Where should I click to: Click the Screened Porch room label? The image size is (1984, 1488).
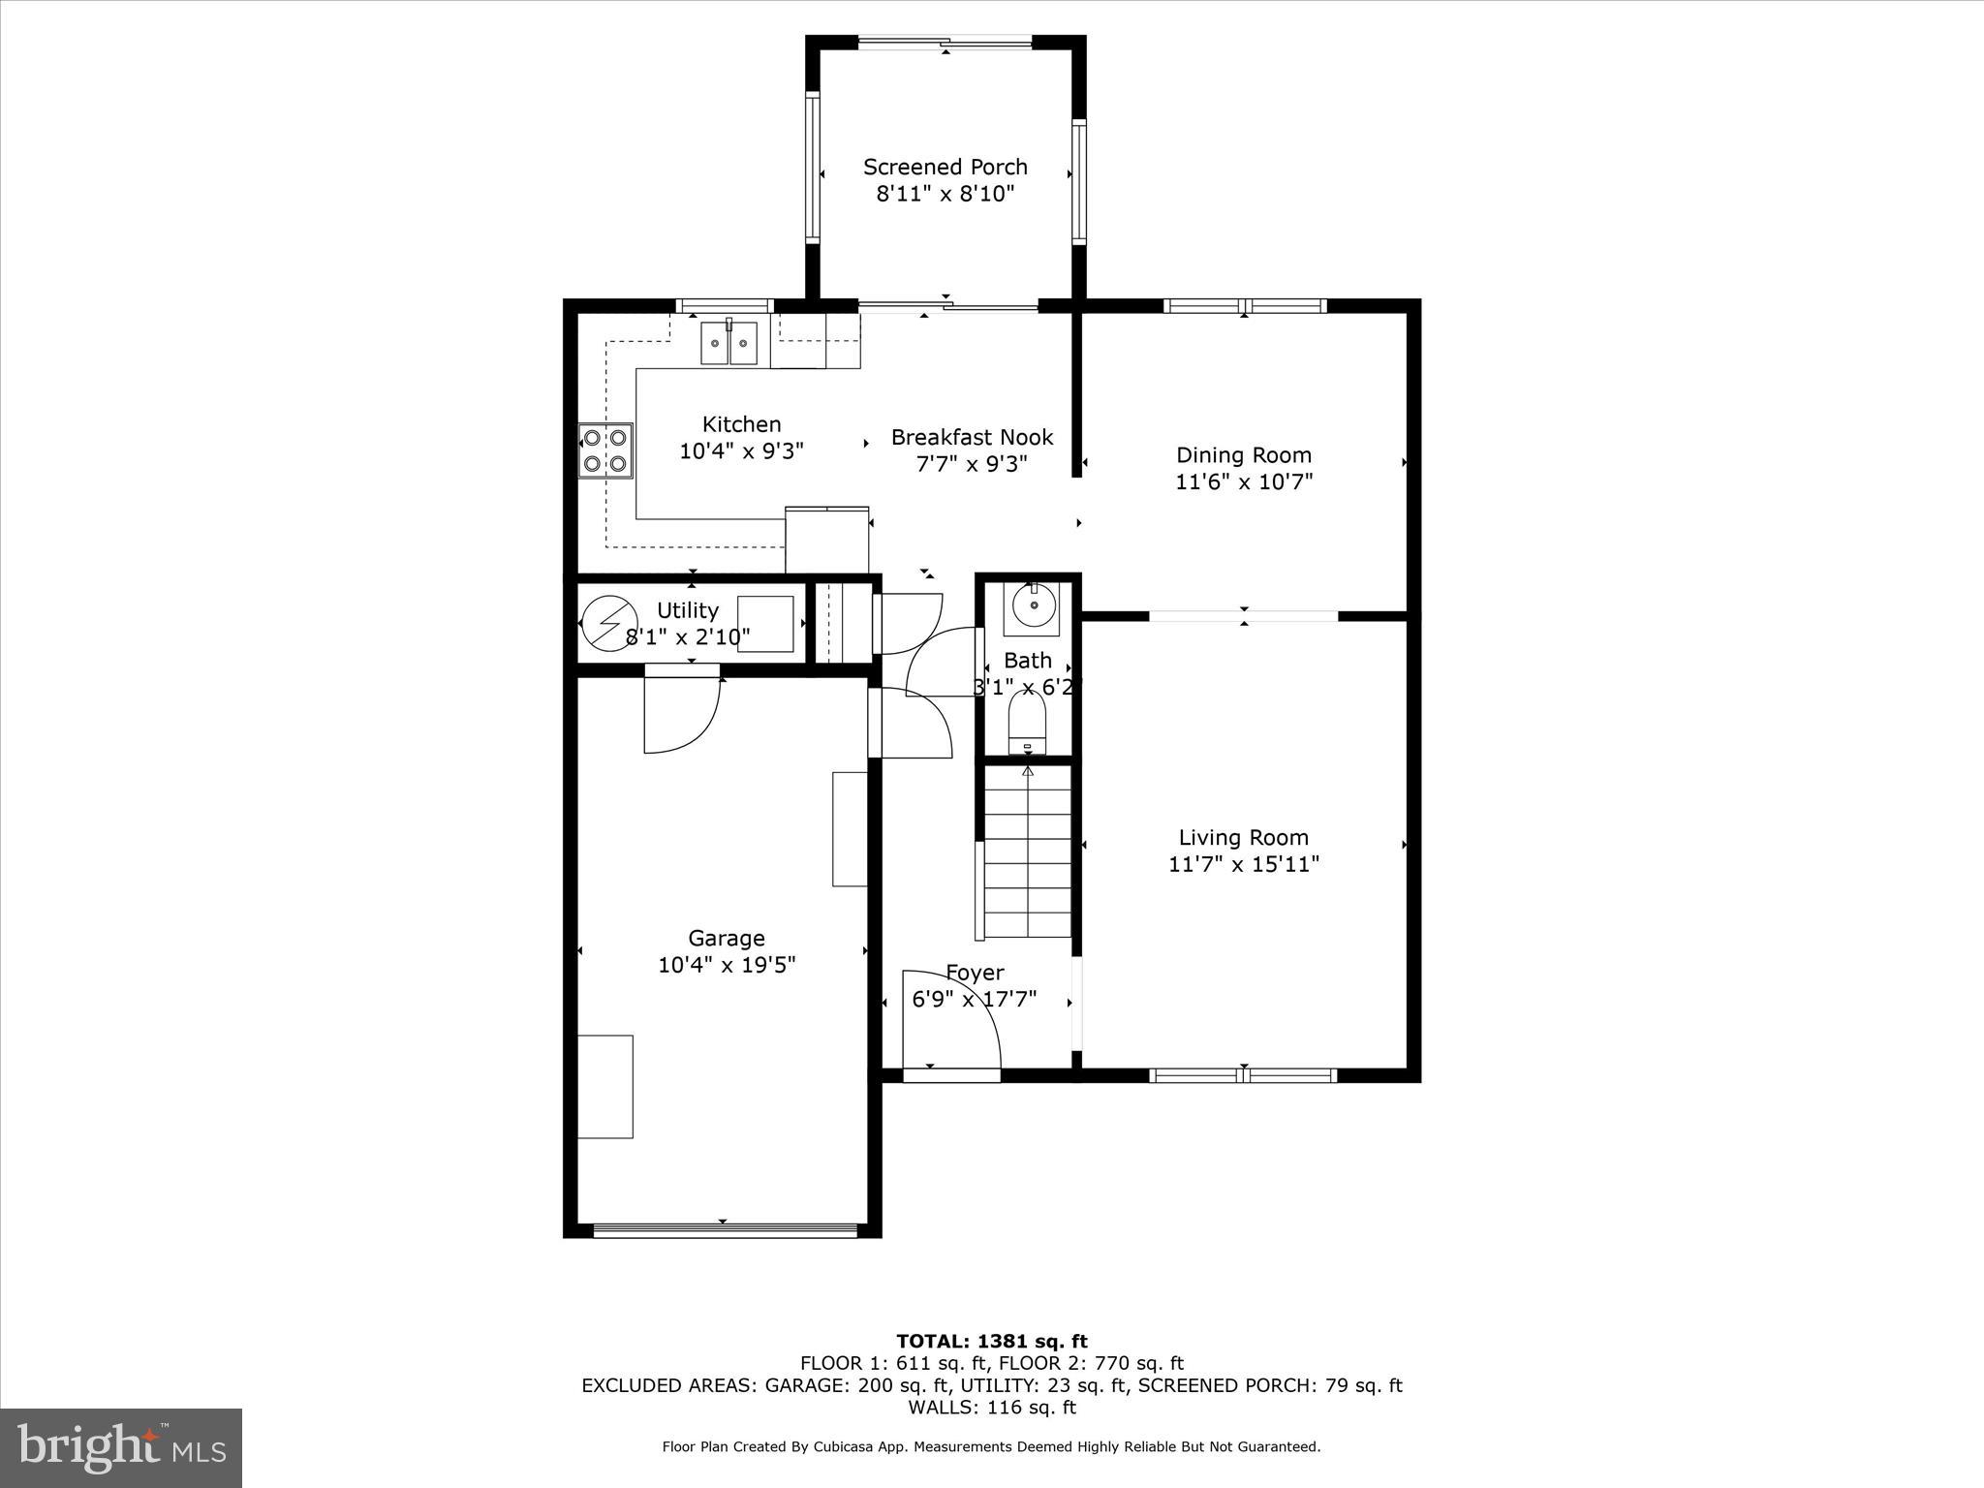[x=945, y=168]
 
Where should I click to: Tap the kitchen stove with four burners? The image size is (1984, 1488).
[x=605, y=450]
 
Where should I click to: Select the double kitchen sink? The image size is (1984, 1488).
[x=729, y=342]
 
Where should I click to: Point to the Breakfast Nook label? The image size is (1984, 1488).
[x=972, y=438]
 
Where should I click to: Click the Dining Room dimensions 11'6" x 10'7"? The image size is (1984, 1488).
[x=1243, y=481]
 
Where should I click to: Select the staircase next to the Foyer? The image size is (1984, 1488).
[x=1027, y=852]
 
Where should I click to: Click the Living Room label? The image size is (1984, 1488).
[x=1243, y=838]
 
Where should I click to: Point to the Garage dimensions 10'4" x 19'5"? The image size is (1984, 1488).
[x=727, y=965]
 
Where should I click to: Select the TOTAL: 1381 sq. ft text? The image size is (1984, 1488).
[x=991, y=1342]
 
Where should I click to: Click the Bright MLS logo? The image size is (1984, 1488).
[x=121, y=1447]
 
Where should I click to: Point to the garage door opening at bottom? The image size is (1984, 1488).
[x=724, y=1230]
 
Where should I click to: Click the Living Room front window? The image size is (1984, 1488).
[x=1243, y=1074]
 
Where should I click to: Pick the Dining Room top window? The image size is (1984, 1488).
[x=1244, y=306]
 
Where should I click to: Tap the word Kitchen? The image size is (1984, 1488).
[x=741, y=424]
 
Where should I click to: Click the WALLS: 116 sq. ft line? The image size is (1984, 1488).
[x=991, y=1408]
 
